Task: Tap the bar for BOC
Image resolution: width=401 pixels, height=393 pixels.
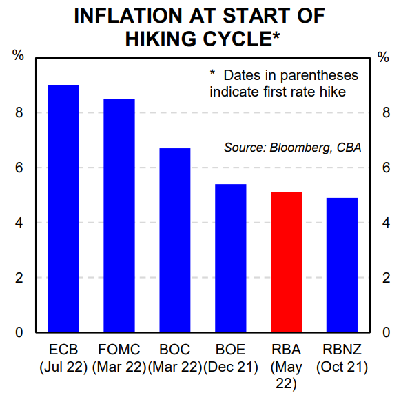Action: [x=174, y=241]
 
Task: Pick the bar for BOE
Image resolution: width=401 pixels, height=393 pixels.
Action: [x=230, y=259]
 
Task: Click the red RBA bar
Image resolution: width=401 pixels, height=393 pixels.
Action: [x=287, y=263]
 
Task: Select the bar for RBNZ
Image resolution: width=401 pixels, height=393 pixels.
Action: [x=342, y=265]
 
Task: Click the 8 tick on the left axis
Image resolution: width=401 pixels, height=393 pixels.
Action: [x=19, y=113]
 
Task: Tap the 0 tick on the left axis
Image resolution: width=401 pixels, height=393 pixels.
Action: [x=19, y=333]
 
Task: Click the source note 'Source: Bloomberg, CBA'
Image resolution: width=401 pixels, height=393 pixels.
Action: [x=292, y=148]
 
